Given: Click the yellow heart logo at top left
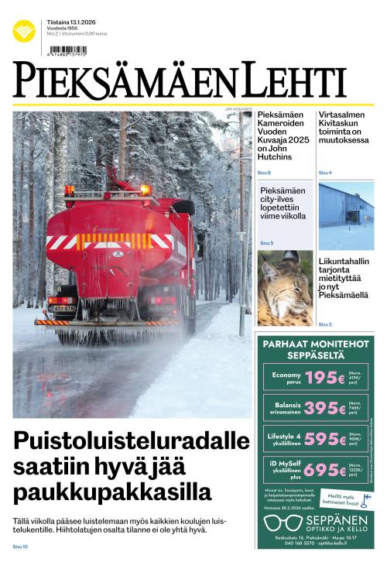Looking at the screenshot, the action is point(24,32).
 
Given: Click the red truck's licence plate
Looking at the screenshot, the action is point(63,307).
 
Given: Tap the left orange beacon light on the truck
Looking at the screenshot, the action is point(70,190).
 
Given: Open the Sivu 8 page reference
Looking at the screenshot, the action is point(264,173).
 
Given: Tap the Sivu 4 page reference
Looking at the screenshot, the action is point(325,173).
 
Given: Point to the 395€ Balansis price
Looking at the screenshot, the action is point(324,409).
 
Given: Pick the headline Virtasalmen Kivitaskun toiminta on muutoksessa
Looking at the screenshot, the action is point(344,128).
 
